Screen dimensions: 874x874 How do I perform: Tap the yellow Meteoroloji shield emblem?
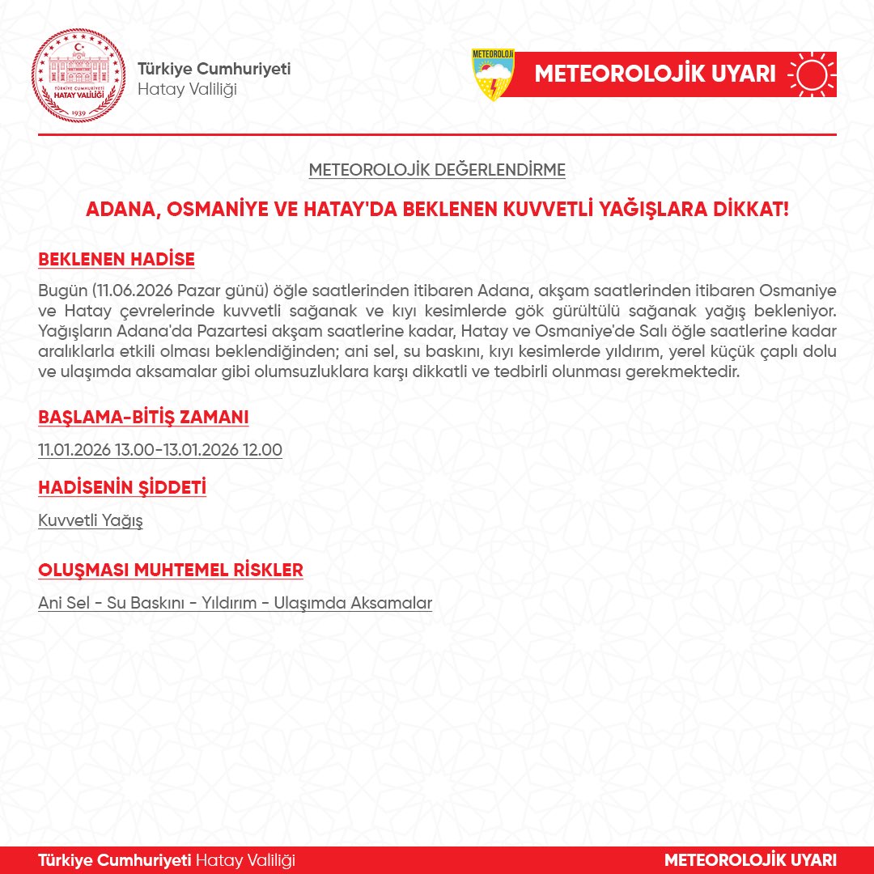point(493,74)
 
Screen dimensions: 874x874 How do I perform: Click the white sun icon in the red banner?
point(812,74)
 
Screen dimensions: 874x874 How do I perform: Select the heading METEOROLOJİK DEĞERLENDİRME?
point(437,171)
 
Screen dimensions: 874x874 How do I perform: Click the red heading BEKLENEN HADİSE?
point(117,260)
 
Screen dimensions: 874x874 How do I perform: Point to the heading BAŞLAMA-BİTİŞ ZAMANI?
point(143,417)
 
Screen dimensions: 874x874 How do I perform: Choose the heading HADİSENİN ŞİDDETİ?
point(122,488)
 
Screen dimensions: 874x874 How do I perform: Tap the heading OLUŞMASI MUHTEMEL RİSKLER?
point(171,570)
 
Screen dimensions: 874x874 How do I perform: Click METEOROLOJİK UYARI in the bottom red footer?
point(750,859)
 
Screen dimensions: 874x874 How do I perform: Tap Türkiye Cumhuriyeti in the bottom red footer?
point(114,859)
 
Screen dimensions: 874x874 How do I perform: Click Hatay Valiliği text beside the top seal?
point(187,88)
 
